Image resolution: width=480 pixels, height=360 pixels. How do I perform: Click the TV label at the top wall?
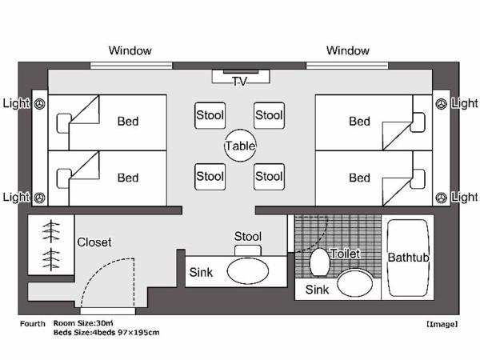(240, 81)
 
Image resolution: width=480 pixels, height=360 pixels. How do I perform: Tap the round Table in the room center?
(240, 146)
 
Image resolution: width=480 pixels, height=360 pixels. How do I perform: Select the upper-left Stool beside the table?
(210, 115)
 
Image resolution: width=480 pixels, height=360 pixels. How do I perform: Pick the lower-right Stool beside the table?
(270, 176)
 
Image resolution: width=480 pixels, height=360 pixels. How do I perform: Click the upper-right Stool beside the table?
(270, 115)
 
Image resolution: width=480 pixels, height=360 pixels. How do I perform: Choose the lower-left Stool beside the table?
(210, 176)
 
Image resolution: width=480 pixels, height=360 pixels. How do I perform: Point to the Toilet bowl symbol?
(318, 261)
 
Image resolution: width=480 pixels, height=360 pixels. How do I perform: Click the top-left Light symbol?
(39, 103)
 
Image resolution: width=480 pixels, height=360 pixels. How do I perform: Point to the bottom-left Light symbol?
(39, 197)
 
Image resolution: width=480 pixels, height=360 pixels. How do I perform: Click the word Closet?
(94, 242)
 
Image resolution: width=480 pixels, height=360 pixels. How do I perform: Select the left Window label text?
(130, 50)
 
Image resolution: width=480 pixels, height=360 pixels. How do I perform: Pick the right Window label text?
(348, 50)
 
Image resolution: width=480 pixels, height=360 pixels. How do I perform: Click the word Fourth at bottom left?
(33, 324)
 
